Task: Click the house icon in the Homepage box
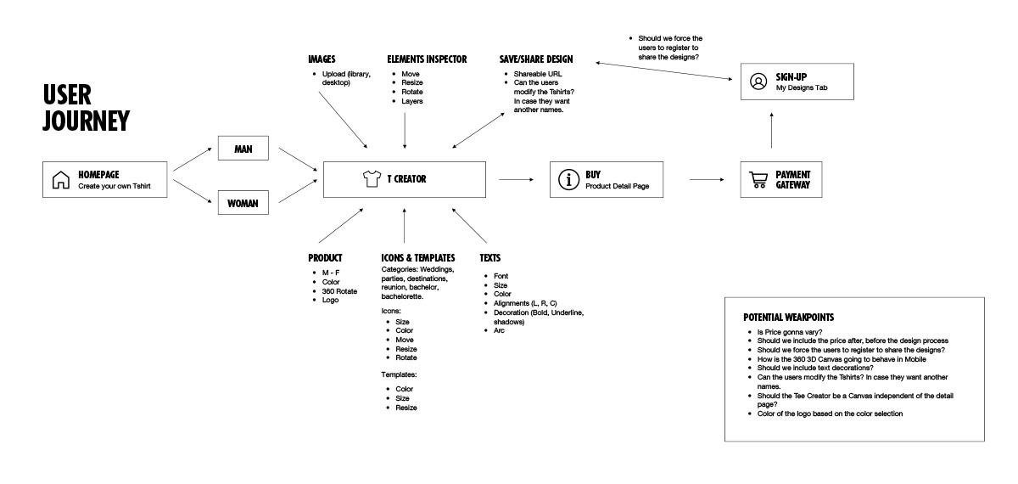[x=60, y=180]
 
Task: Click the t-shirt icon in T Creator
[x=371, y=179]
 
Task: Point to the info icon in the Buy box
[x=568, y=180]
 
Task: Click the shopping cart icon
[x=758, y=180]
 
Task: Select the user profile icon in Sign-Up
[x=758, y=82]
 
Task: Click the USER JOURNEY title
[x=86, y=108]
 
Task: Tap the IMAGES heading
[x=322, y=59]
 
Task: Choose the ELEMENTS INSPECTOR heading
[x=427, y=59]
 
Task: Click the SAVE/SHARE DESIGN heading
[x=536, y=59]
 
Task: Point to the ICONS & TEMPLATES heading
[x=418, y=258]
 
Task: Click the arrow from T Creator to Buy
[x=516, y=179]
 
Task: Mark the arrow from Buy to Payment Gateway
[x=706, y=179]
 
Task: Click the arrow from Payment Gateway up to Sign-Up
[x=770, y=132]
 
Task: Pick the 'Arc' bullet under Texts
[x=499, y=330]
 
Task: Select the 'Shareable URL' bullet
[x=538, y=74]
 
